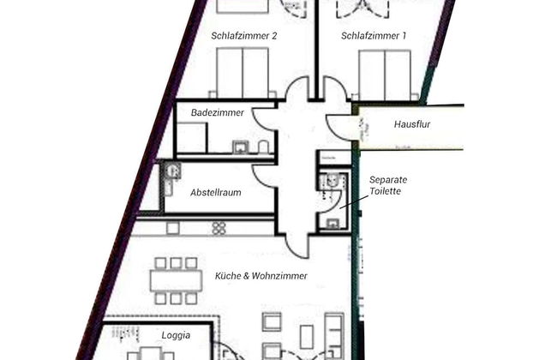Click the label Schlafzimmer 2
coord(243,36)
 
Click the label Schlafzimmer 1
coord(373,36)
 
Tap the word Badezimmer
coord(218,112)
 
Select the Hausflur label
coord(411,123)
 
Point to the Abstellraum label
coord(215,193)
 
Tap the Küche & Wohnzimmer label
coord(261,276)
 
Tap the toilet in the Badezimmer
coord(265,146)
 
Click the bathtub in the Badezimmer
coord(192,138)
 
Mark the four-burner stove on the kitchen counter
coord(219,228)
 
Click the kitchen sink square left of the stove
coord(173,228)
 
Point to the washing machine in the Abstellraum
coord(171,171)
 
